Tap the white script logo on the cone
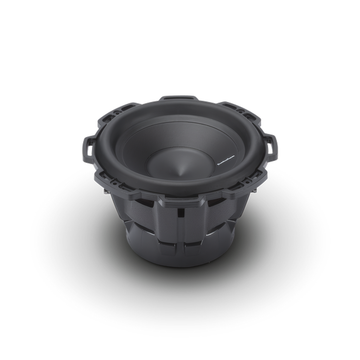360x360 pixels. pyautogui.click(x=216, y=163)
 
